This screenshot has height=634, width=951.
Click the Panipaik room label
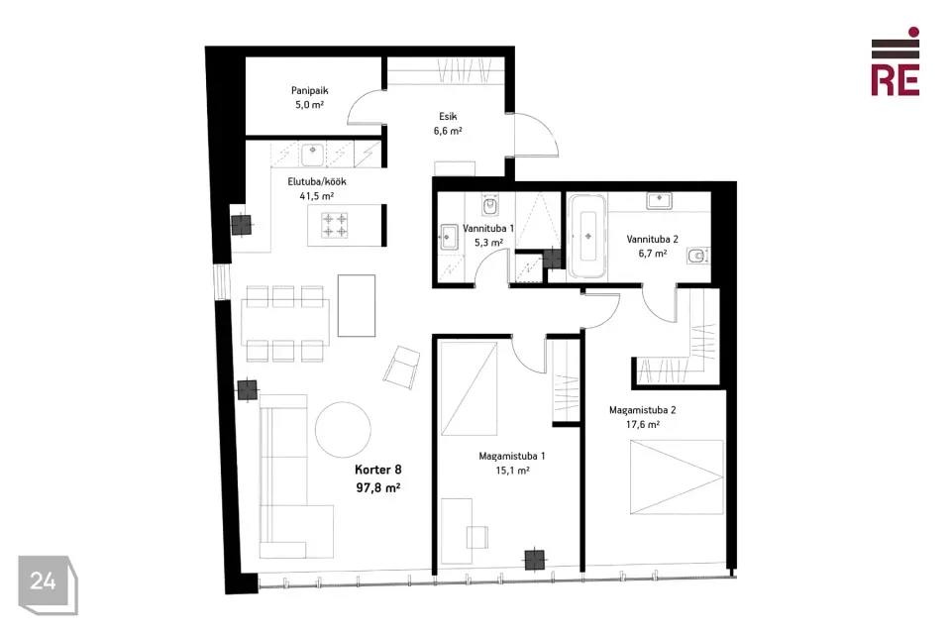309,91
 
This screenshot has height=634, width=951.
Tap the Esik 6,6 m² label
448,123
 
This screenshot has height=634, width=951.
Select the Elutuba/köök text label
317,181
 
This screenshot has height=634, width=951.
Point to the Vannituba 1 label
488,229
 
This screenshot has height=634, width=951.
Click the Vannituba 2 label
652,239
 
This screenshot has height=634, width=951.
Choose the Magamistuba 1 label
512,457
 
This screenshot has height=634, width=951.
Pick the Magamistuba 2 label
642,410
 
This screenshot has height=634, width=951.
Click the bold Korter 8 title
377,470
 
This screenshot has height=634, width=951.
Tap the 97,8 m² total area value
377,487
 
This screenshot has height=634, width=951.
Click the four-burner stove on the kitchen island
335,225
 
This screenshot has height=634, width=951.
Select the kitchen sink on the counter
313,155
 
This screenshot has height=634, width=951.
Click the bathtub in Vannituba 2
586,236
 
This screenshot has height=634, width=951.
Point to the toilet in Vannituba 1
490,205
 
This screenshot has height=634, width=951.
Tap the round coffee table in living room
343,430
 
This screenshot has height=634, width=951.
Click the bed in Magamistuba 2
677,477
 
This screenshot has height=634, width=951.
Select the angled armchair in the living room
401,368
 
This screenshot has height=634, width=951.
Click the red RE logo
896,61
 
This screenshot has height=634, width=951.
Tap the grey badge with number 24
48,584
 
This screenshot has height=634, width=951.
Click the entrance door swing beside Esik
537,135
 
